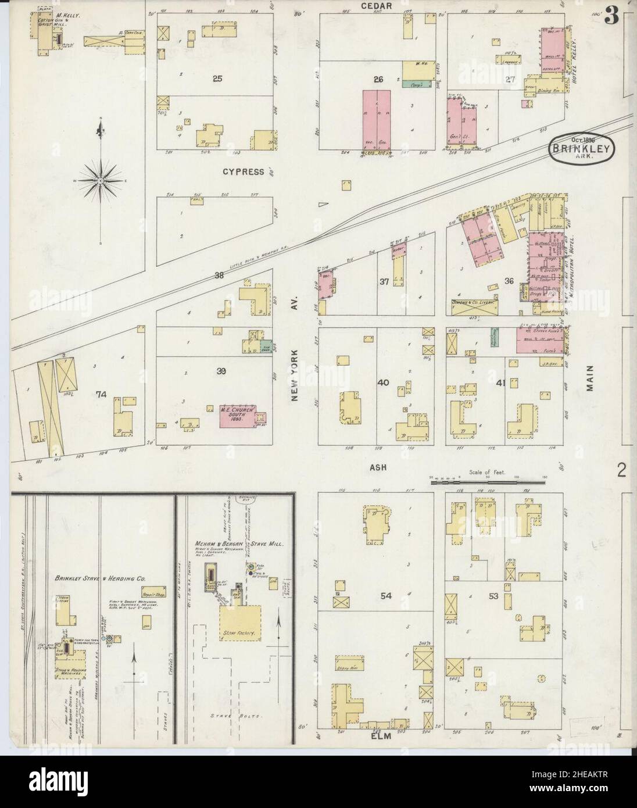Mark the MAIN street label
click(x=591, y=377)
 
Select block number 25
click(x=217, y=78)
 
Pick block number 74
click(x=101, y=394)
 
